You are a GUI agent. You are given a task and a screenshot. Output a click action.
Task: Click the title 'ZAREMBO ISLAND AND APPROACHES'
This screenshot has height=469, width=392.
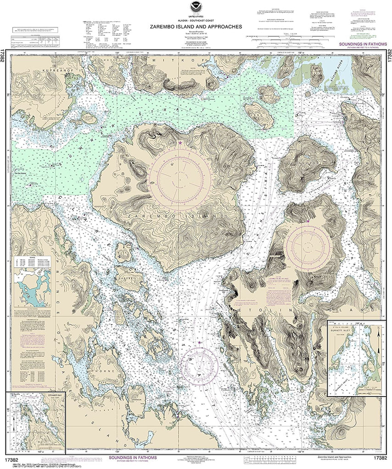pos(195,27)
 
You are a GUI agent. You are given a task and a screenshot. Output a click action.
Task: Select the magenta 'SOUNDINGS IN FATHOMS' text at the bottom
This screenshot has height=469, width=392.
pos(132,458)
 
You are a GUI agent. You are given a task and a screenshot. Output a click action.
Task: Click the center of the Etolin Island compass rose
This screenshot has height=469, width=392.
pos(308,250)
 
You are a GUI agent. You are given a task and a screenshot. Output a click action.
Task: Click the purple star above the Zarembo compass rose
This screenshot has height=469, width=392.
pos(180,143)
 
